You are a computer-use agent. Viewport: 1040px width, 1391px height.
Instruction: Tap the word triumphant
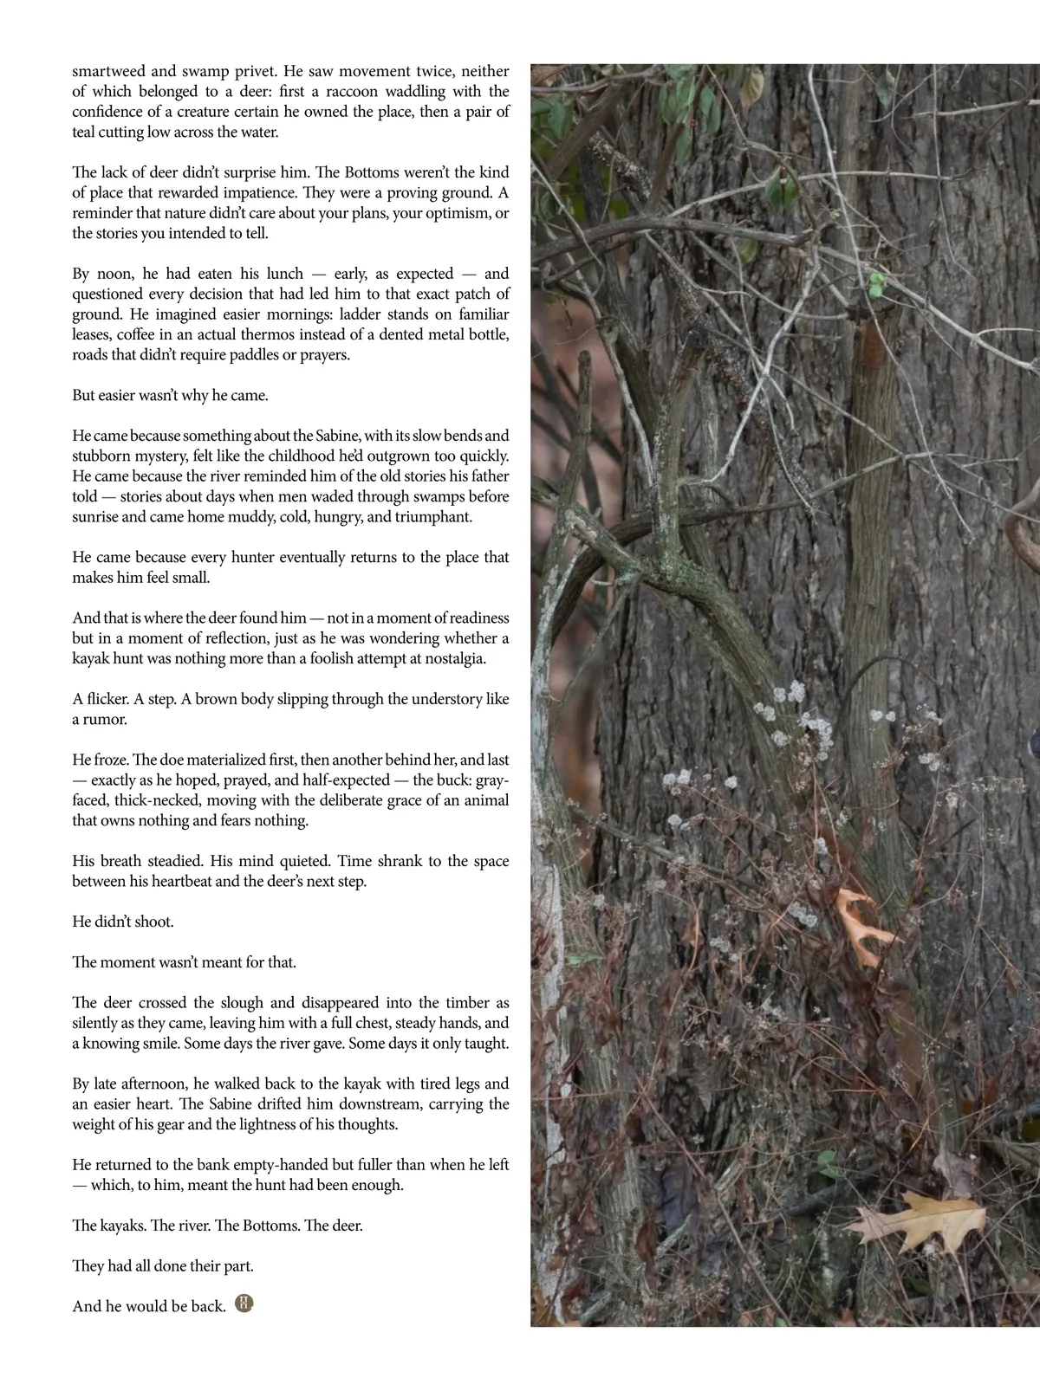click(x=433, y=517)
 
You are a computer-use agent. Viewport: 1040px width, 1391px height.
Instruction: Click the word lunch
click(x=281, y=274)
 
